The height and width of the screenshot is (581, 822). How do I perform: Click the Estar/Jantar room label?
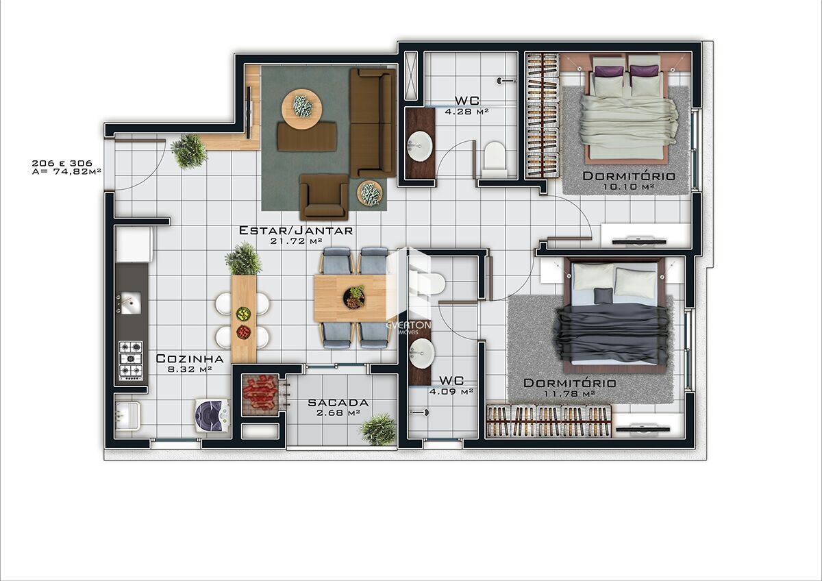click(296, 230)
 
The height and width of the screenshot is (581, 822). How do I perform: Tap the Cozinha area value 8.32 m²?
click(190, 369)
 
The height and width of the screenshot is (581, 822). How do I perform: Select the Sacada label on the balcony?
click(338, 403)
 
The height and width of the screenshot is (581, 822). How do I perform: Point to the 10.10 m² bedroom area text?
click(629, 186)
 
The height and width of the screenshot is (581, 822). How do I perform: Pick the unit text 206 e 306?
click(62, 163)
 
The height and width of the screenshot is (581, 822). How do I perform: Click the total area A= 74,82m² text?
click(66, 171)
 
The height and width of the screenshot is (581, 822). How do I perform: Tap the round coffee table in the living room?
click(301, 109)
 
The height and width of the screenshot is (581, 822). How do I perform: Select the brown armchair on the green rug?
click(323, 197)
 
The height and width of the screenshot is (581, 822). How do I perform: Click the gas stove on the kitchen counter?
click(131, 361)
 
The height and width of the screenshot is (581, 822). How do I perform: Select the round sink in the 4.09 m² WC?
click(421, 353)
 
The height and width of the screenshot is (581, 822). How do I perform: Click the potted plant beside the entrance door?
click(189, 151)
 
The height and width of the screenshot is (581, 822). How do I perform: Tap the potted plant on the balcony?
click(378, 430)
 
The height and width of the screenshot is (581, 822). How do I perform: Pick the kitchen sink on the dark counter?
click(130, 303)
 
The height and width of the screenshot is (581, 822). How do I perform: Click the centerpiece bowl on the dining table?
click(354, 297)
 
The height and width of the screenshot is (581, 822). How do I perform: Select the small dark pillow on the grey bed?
click(603, 295)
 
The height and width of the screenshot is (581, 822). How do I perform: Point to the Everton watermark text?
click(409, 325)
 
